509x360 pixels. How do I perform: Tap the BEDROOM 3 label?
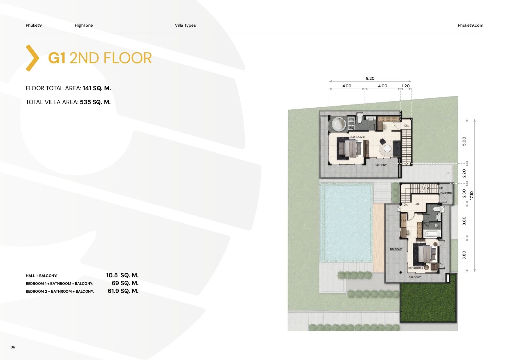point(357,137)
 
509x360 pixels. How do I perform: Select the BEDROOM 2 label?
point(416,268)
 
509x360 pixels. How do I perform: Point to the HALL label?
point(418,204)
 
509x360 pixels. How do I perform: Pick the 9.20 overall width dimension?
point(370,78)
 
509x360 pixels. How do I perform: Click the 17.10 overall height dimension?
point(472,195)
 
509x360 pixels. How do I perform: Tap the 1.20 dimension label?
point(406,86)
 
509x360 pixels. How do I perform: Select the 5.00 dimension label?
point(464,141)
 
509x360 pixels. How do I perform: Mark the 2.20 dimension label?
point(464,173)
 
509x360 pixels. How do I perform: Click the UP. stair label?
point(441,188)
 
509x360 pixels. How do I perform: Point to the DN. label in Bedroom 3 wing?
point(407,126)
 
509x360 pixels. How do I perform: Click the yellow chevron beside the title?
point(32,58)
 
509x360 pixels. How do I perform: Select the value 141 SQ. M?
point(97,88)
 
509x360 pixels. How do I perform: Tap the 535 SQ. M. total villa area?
point(95,102)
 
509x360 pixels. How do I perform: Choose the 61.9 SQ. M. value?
point(123,291)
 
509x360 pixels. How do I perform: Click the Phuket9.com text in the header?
point(470,25)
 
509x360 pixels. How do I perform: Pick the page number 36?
point(13,347)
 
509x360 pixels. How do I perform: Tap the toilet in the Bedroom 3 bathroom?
point(359,119)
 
